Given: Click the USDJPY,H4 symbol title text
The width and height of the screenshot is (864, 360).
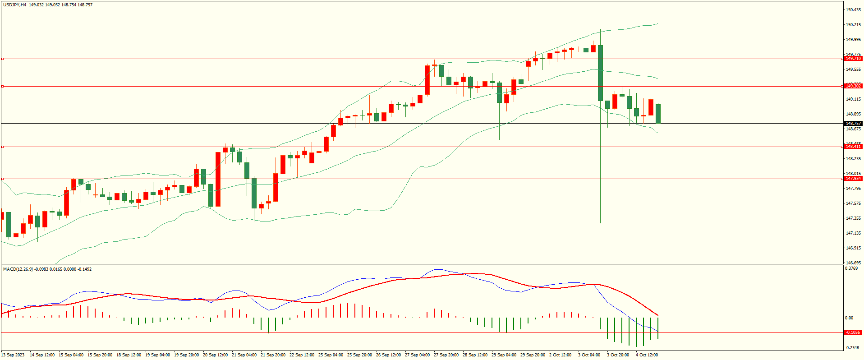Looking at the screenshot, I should (x=14, y=5).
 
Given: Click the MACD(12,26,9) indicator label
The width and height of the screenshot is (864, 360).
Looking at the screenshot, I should (x=18, y=269).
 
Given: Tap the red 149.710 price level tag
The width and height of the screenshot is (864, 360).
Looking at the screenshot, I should (x=853, y=59).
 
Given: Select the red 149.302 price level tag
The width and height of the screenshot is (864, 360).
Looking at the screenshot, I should (x=853, y=86).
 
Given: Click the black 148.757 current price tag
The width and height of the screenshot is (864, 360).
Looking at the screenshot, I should (x=853, y=123).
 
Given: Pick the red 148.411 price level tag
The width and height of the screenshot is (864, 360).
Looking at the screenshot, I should (x=853, y=147).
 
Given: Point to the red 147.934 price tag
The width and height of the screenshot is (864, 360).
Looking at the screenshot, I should (x=853, y=179).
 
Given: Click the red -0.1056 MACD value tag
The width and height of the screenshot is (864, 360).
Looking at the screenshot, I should (x=853, y=332).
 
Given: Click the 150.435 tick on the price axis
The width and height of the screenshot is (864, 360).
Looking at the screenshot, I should (x=853, y=10).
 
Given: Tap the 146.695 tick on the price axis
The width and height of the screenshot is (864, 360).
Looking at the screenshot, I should (x=853, y=263).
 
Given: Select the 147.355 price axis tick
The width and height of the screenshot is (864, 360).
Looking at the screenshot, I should (x=853, y=218).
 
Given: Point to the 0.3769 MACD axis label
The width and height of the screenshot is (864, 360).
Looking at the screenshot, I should (x=851, y=268).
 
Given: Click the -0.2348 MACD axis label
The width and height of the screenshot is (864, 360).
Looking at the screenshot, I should (x=851, y=347).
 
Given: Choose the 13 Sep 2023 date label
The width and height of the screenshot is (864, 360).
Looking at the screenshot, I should (x=13, y=355).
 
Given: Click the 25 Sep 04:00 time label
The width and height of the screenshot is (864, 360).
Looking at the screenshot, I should (x=331, y=355).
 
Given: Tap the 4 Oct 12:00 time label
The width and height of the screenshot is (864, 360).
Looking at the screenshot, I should (x=647, y=355).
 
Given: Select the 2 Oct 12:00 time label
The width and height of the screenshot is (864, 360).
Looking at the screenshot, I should (x=560, y=355).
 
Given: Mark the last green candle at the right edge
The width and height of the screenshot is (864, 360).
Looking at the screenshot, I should (x=658, y=114).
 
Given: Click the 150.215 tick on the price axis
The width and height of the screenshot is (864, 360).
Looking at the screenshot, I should (x=853, y=25).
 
